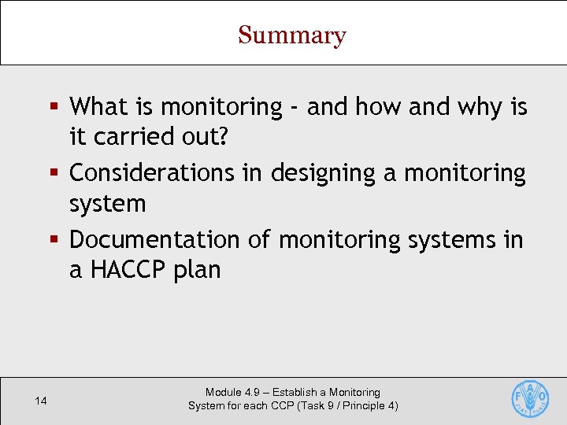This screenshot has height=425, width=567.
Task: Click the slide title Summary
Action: click(291, 35)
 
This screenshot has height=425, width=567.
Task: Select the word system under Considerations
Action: click(107, 204)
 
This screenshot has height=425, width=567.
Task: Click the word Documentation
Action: click(155, 239)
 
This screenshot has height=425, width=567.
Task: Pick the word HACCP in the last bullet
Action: click(128, 270)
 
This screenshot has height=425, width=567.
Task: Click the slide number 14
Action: click(41, 401)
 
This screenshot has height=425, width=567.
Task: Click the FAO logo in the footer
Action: click(530, 399)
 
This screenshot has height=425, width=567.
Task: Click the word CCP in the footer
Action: click(284, 406)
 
